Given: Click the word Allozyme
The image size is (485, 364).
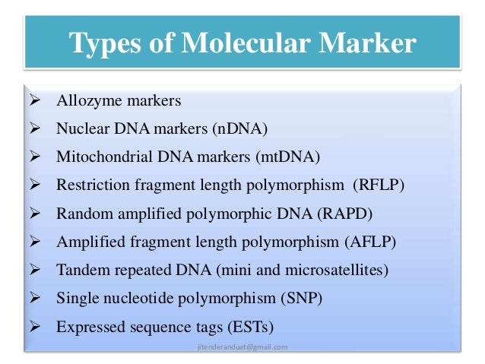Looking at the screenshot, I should (x=85, y=100).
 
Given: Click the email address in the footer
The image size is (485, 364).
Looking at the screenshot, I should (x=242, y=347).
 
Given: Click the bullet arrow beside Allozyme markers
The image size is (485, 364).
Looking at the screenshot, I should (x=33, y=100).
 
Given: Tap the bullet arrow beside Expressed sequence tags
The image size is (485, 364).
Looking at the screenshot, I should (x=33, y=328).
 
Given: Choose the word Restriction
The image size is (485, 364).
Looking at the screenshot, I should (x=90, y=185).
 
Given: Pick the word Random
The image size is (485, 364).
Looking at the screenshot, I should (x=82, y=214).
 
